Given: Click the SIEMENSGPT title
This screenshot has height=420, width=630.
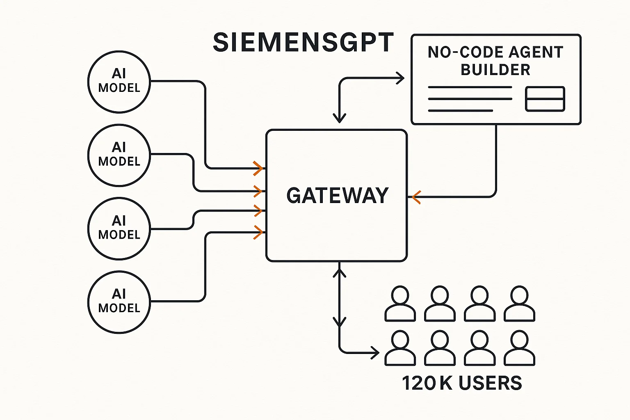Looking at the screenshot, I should [x=303, y=43].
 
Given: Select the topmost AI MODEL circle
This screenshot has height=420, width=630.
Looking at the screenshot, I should [x=119, y=82].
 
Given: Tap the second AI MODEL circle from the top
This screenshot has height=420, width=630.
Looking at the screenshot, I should [x=119, y=155].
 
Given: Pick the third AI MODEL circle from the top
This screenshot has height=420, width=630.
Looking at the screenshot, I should [x=119, y=228].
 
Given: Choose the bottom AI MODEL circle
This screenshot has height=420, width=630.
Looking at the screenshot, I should [x=119, y=302].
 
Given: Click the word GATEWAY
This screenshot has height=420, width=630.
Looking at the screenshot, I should [x=337, y=196].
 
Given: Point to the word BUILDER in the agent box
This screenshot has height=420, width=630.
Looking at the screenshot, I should [x=495, y=70].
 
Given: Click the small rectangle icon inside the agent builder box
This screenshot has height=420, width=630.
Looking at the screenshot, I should [x=545, y=99].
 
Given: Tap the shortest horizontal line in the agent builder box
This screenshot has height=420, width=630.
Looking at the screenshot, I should [x=460, y=110].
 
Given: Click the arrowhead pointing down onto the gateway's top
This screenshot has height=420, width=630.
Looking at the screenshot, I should [x=339, y=118].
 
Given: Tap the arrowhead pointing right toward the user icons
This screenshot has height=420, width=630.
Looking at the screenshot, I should [x=375, y=352].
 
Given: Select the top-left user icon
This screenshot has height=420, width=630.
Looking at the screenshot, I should [x=400, y=304].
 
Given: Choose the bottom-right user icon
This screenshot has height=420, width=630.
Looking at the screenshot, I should [x=519, y=348].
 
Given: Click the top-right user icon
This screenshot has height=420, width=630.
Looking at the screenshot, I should [x=519, y=304].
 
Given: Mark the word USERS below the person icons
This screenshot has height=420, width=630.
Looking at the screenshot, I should [x=490, y=383].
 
